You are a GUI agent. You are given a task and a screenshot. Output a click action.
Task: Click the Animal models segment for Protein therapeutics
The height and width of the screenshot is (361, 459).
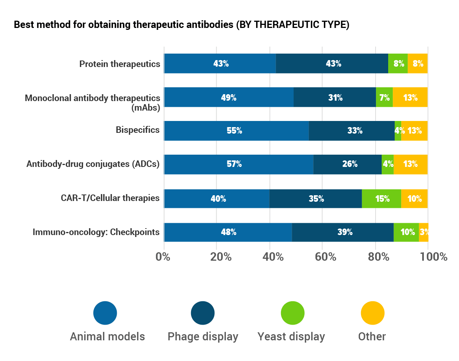tap(220, 64)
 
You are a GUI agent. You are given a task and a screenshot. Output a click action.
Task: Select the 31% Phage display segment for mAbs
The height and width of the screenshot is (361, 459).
tap(335, 97)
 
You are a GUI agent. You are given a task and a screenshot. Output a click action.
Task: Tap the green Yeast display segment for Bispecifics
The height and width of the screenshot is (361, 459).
tap(398, 131)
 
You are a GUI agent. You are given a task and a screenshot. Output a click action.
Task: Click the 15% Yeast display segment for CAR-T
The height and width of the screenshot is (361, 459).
tap(381, 199)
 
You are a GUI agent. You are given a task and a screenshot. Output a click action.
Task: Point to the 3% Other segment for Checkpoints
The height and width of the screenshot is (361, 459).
tap(423, 232)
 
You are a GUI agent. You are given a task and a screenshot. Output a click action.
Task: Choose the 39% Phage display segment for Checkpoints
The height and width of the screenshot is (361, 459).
tap(343, 232)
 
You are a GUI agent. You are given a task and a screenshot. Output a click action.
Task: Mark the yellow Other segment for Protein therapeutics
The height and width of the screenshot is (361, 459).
tap(418, 64)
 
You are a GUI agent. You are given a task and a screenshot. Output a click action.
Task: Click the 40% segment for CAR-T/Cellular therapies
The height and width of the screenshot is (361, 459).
tap(217, 199)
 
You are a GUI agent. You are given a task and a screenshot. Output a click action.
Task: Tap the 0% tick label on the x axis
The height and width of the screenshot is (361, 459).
tap(163, 256)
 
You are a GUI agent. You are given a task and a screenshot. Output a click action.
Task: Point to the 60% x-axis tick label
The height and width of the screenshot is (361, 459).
tap(322, 256)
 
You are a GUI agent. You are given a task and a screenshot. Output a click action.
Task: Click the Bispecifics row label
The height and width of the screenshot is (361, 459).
tap(138, 130)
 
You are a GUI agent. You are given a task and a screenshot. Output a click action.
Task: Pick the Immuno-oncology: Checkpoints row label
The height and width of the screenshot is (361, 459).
tap(96, 232)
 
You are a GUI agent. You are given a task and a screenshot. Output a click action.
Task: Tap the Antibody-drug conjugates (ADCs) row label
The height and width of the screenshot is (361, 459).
tap(93, 164)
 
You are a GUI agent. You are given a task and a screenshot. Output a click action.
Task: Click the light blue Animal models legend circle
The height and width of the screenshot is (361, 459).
tap(105, 313)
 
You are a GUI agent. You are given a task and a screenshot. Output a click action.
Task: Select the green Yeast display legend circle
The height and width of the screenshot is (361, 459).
tap(292, 313)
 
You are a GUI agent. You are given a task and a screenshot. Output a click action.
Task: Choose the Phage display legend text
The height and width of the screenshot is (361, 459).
tap(203, 337)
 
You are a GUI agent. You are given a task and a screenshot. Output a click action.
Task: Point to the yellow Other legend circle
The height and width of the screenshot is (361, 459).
tap(372, 313)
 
